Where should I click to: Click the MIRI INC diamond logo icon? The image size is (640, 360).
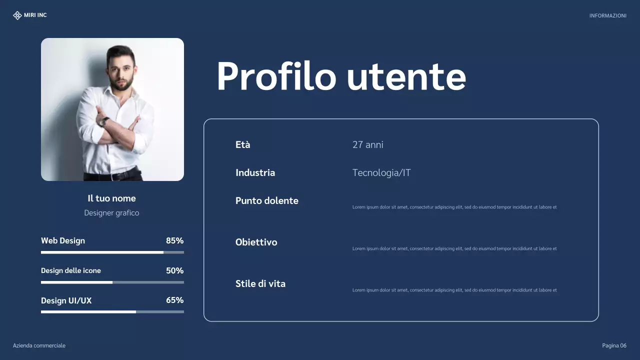[x=17, y=15]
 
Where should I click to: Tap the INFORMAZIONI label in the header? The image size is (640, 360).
[x=607, y=16]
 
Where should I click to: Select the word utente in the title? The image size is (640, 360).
[x=406, y=77]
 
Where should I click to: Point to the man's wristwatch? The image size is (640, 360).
[x=104, y=121]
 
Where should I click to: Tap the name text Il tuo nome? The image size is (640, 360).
[x=111, y=198]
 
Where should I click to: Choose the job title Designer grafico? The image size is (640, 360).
[x=111, y=213]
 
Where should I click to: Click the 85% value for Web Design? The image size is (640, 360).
[x=174, y=240]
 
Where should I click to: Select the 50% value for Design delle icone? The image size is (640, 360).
[x=174, y=270]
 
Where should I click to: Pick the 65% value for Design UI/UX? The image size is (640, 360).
[x=174, y=300]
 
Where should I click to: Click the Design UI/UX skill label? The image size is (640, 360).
[x=66, y=300]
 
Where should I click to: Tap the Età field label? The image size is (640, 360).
[x=242, y=145]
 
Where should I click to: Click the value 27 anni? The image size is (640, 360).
[x=367, y=145]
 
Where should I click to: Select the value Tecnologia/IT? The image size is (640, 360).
[x=381, y=173]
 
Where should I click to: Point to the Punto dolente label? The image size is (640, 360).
[x=266, y=201]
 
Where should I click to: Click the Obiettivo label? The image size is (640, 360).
[x=256, y=242]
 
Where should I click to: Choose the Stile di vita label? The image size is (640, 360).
[x=260, y=284]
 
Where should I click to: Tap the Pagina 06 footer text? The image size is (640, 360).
[x=614, y=346]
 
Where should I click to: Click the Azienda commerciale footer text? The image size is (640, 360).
[x=39, y=346]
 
